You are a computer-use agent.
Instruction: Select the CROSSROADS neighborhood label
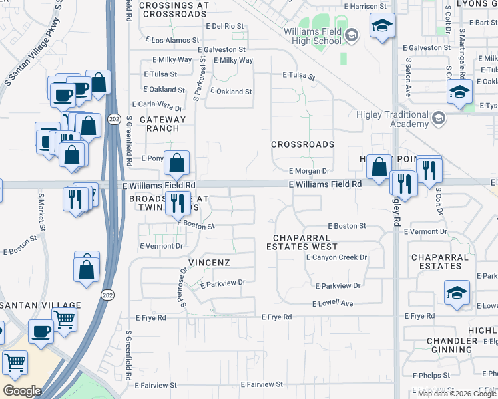point(302,144)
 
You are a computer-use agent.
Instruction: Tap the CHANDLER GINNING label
point(452,346)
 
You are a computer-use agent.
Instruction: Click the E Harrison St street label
point(366,6)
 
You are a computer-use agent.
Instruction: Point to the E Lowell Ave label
point(334,303)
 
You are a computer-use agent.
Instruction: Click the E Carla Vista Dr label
point(157,105)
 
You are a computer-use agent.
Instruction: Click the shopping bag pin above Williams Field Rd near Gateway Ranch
point(177,162)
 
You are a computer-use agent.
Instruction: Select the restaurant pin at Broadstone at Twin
point(177,202)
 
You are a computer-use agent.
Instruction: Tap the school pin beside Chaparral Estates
point(457,292)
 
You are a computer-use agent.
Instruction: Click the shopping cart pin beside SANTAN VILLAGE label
point(65,319)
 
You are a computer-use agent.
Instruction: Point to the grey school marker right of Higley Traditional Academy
point(438,119)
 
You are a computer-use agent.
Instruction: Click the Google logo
point(22,391)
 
